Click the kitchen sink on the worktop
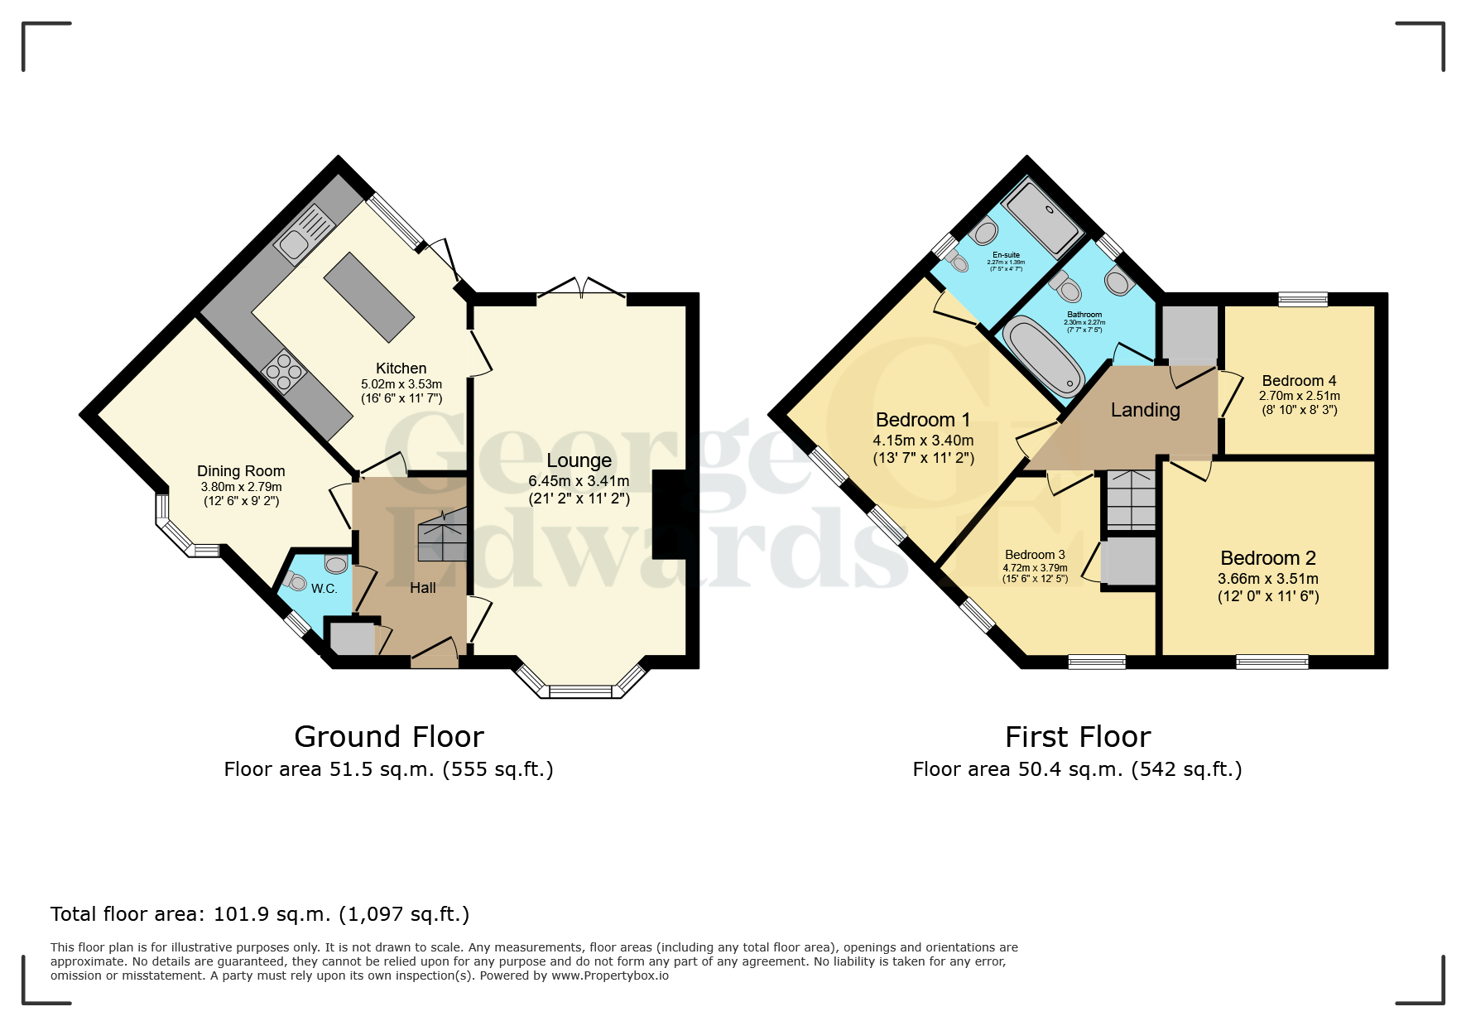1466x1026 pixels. (295, 243)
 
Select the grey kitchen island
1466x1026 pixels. (368, 297)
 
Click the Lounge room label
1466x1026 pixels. (579, 460)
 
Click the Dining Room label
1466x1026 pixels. (241, 471)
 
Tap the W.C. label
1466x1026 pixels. (324, 589)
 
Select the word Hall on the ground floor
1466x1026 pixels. (423, 588)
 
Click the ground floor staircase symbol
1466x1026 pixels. (443, 536)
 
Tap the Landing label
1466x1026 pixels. (1145, 410)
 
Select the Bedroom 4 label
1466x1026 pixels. (1299, 381)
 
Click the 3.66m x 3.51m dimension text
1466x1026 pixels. (1267, 579)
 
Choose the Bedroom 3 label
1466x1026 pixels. (1035, 555)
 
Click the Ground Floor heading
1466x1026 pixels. (389, 736)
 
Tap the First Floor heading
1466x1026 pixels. (1077, 736)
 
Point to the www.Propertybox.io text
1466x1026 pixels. (610, 975)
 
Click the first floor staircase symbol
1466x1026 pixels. (1131, 500)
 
